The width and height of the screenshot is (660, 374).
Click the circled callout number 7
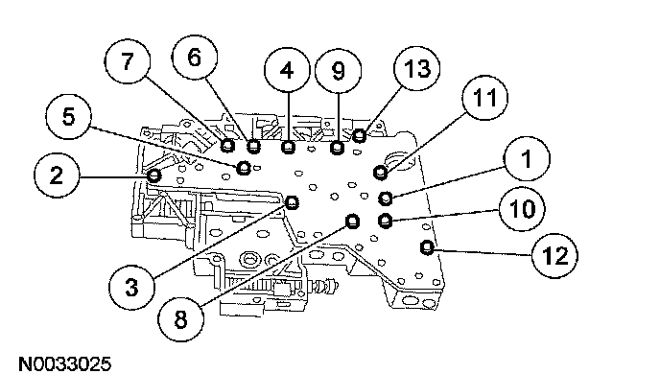tap(128, 61)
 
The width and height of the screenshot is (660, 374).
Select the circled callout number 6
tap(195, 58)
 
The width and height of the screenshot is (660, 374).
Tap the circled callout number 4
tap(287, 70)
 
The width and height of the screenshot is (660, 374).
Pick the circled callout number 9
tap(338, 71)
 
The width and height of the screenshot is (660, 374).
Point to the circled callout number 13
tap(417, 68)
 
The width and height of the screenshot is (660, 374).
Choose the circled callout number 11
tap(484, 98)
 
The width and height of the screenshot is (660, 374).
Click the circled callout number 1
tap(527, 159)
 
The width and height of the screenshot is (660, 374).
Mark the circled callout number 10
tap(522, 209)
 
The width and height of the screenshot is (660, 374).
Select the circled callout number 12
tap(554, 256)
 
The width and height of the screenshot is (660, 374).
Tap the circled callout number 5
tap(68, 116)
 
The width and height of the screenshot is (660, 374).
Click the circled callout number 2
tap(57, 175)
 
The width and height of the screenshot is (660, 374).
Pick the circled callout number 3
tap(131, 289)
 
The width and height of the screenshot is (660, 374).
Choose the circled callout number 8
tap(180, 318)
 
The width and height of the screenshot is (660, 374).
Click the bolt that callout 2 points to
tap(153, 175)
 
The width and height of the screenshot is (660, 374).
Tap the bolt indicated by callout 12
tap(427, 247)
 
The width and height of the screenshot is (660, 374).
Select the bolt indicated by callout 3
tap(292, 202)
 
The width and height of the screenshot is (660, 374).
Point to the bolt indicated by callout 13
tap(359, 135)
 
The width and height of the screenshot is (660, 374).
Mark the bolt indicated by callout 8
tap(352, 221)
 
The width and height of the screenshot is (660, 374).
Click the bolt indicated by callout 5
tap(244, 168)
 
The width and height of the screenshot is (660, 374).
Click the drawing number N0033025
tap(65, 363)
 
